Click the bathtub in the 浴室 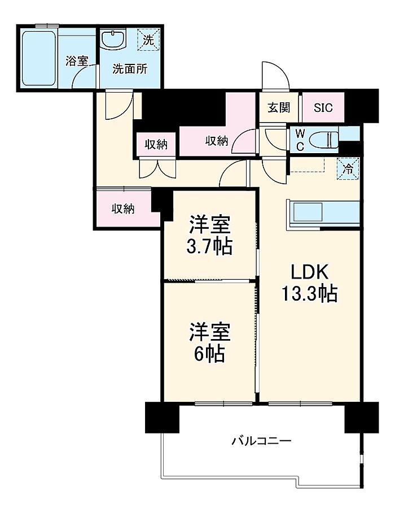point(38,58)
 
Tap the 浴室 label point(77,61)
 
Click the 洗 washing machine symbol point(148,40)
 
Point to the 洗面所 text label point(130,69)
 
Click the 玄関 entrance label point(279,107)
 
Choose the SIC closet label point(323,107)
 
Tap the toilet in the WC point(323,140)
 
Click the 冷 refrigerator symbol point(348,168)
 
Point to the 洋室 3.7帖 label point(210,235)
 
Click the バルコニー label point(261,441)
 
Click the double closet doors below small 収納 point(157,168)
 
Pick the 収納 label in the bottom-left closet point(123,209)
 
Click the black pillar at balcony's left point(162,418)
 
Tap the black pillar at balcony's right point(362,418)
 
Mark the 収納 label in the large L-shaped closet point(217,141)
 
